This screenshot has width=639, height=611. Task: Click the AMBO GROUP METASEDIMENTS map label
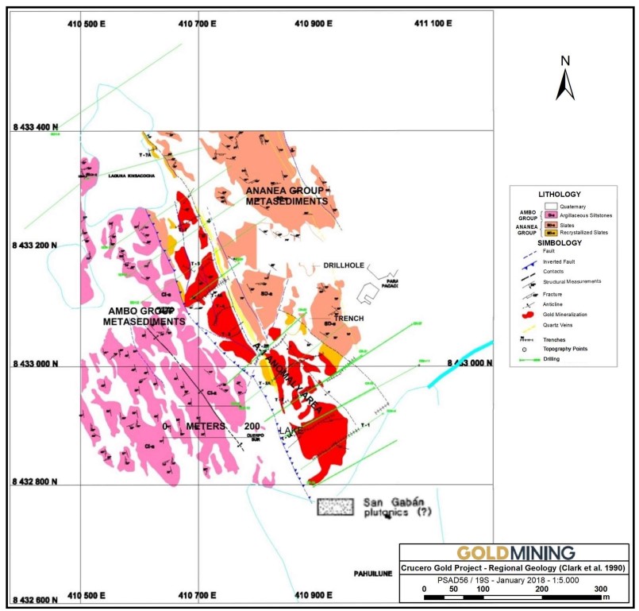click(x=144, y=315)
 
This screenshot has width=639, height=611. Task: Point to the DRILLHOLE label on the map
click(x=344, y=265)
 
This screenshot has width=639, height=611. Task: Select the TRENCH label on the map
click(x=348, y=318)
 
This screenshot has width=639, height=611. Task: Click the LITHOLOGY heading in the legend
click(x=560, y=194)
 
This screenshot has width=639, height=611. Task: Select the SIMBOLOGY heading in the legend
click(x=560, y=242)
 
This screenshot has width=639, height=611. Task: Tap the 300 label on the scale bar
click(x=601, y=589)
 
